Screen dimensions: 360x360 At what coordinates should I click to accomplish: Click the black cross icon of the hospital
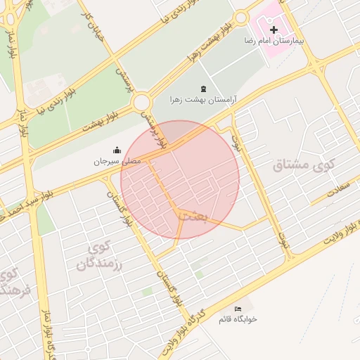(274, 30)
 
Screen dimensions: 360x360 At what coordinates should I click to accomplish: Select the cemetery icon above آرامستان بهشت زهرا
(204, 88)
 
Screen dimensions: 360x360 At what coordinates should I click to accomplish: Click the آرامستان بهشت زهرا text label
(204, 100)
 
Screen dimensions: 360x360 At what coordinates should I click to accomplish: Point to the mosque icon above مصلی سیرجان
(117, 149)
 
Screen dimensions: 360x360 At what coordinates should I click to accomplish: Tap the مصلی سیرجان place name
(117, 161)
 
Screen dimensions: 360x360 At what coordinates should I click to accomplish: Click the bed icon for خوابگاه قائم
(238, 309)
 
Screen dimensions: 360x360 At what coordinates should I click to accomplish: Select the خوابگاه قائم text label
(238, 319)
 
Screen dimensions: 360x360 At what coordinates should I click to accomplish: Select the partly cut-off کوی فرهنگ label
(13, 281)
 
